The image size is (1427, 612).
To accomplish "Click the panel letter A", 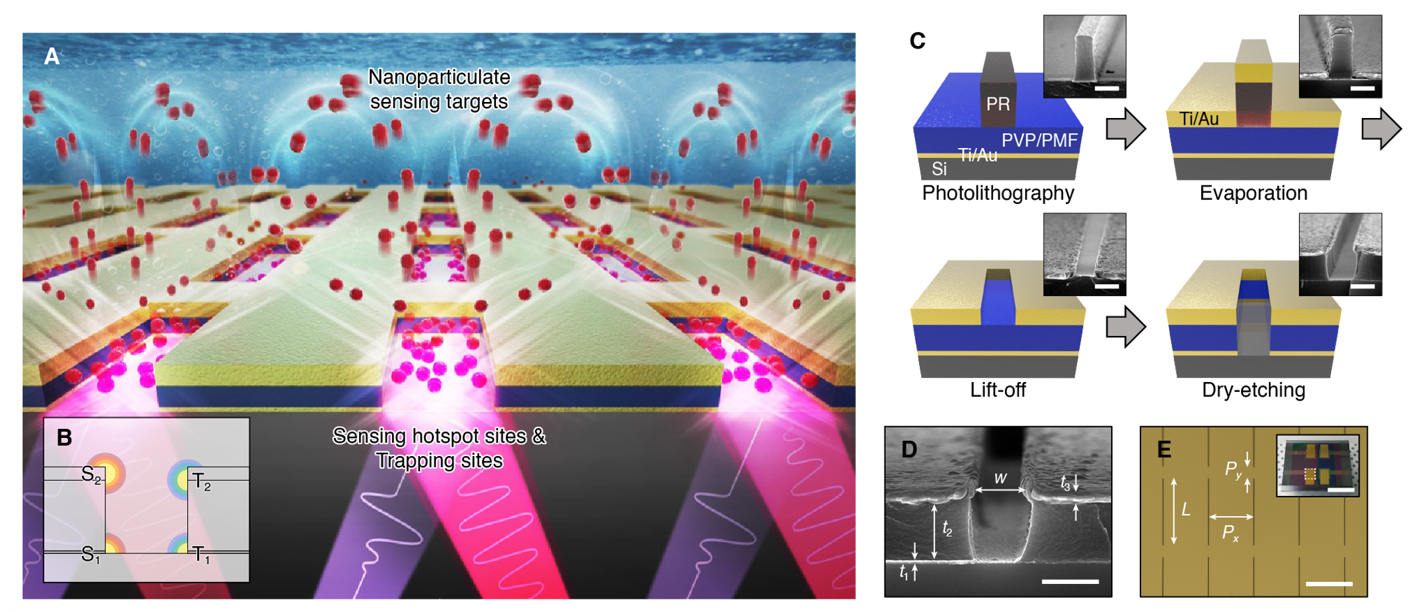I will (x=52, y=57).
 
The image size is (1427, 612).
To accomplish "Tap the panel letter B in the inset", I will (x=64, y=438).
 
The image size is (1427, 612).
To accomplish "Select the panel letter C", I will (x=917, y=41).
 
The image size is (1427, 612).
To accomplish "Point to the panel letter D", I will (x=909, y=450).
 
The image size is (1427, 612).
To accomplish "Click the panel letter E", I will (x=1164, y=450).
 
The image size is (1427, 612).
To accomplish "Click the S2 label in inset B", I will (x=91, y=475).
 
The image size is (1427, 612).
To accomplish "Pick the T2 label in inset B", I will (x=201, y=481).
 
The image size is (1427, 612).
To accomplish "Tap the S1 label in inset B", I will (x=90, y=554).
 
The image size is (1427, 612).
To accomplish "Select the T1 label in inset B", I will (x=201, y=554).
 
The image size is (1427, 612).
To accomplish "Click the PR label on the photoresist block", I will (x=998, y=104).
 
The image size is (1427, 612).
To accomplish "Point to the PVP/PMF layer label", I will (x=1039, y=141).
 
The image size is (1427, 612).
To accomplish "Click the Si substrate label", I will (x=939, y=169).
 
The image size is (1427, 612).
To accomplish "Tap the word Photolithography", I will (x=998, y=193).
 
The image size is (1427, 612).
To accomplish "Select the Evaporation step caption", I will (x=1253, y=193).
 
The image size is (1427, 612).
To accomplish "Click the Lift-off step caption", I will (x=998, y=390).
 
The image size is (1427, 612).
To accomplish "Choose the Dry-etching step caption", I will (x=1253, y=390).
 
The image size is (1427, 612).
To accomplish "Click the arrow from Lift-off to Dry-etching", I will (x=1126, y=327).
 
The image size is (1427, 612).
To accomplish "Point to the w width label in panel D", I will (x=1000, y=478).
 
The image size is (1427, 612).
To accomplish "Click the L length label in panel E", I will (x=1186, y=511).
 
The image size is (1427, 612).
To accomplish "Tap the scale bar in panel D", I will (x=1070, y=581).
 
